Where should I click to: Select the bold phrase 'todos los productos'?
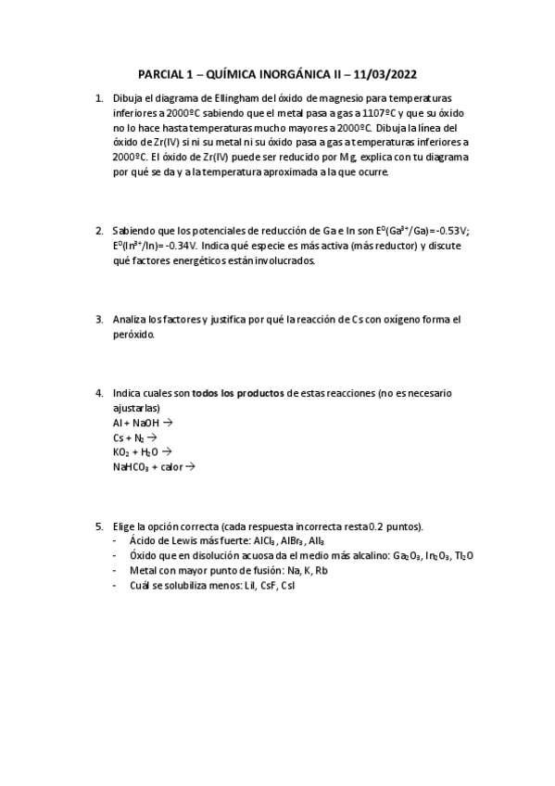click(x=238, y=394)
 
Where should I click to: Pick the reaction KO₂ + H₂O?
click(x=135, y=452)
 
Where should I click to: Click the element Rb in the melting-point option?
click(x=320, y=571)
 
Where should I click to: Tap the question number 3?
click(x=99, y=320)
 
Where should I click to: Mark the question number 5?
click(x=99, y=526)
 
